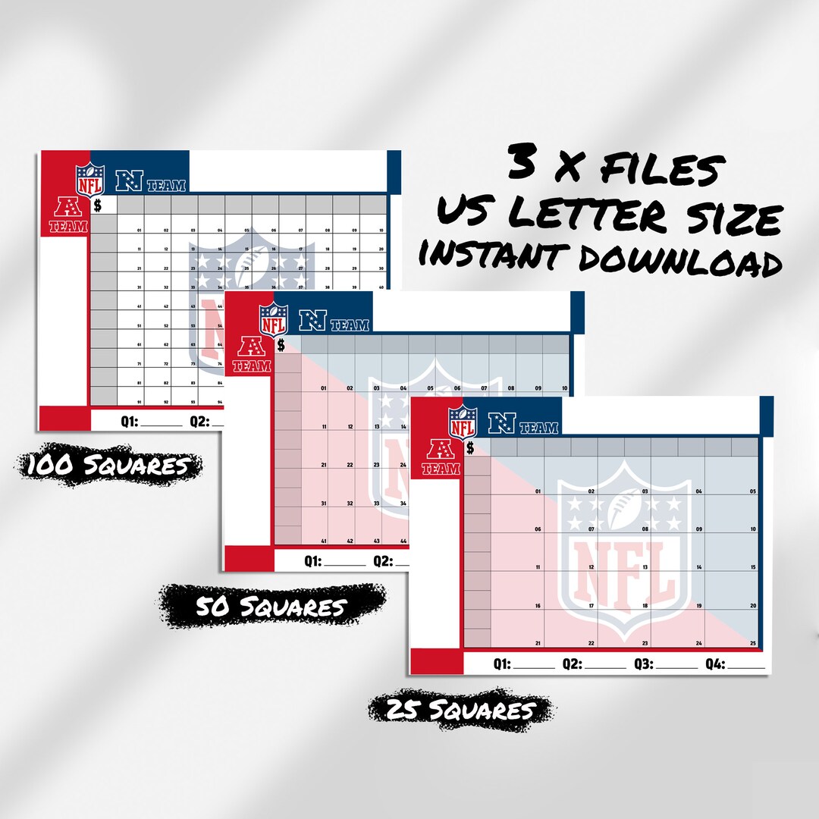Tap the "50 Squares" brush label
click(271, 607)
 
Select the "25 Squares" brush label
click(460, 711)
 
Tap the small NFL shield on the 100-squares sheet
click(89, 180)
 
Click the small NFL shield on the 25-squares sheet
click(462, 423)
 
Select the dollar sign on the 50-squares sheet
click(281, 346)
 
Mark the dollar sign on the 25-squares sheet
click(470, 447)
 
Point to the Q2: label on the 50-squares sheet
click(384, 561)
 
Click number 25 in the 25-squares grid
click(753, 643)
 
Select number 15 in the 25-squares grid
click(753, 566)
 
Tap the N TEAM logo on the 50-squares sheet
click(334, 322)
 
